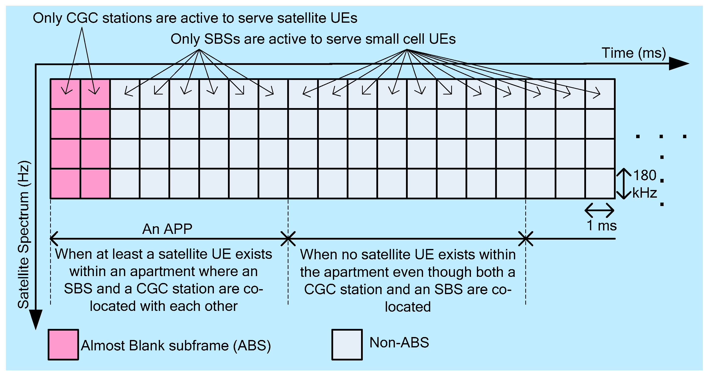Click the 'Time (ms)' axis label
pyautogui.click(x=634, y=53)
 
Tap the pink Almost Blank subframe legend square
pyautogui.click(x=63, y=344)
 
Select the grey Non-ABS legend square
pyautogui.click(x=347, y=344)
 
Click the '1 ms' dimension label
pyautogui.click(x=601, y=226)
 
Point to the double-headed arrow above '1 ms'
pyautogui.click(x=599, y=211)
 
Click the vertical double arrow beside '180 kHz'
pyautogui.click(x=624, y=184)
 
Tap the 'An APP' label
pyautogui.click(x=167, y=229)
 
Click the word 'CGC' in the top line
pyautogui.click(x=82, y=18)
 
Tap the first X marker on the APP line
pyautogui.click(x=288, y=239)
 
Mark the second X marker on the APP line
pyautogui.click(x=526, y=239)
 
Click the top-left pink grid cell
pyautogui.click(x=65, y=94)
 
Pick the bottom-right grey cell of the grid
pyautogui.click(x=600, y=183)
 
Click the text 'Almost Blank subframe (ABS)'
pyautogui.click(x=176, y=346)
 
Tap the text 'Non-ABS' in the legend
pyautogui.click(x=399, y=342)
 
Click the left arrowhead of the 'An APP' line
pyautogui.click(x=54, y=239)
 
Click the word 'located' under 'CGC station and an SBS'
pyautogui.click(x=408, y=307)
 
